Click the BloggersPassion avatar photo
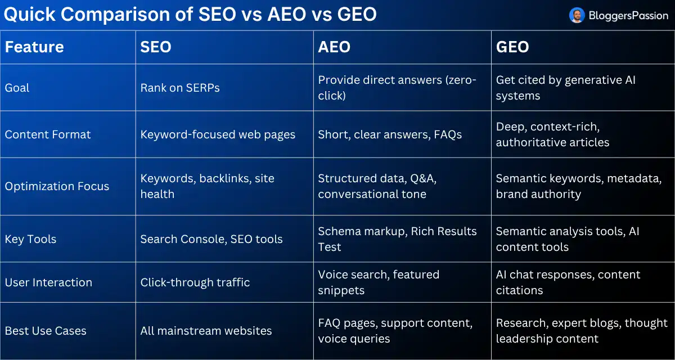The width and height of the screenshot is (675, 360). click(577, 15)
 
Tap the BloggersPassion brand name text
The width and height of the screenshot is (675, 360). click(628, 15)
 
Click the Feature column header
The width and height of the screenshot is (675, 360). click(34, 47)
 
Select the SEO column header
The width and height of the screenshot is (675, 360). click(156, 47)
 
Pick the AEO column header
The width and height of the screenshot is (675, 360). click(334, 47)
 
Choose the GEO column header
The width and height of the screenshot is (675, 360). click(512, 47)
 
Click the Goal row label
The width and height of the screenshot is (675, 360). click(17, 88)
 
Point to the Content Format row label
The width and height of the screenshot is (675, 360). click(48, 134)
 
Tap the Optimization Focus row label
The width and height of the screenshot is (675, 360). click(57, 186)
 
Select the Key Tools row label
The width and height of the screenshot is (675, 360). click(30, 239)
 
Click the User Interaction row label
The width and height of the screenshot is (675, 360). click(48, 282)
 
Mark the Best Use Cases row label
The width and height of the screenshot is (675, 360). click(46, 331)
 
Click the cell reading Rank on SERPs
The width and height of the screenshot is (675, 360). click(180, 88)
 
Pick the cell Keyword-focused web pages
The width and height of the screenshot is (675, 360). click(218, 134)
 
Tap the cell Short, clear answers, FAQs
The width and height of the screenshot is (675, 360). click(390, 134)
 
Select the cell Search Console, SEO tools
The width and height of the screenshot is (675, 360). click(211, 239)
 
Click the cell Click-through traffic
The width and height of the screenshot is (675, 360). click(195, 282)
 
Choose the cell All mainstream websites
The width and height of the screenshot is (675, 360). click(206, 331)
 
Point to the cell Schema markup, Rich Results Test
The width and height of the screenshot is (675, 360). click(397, 239)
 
